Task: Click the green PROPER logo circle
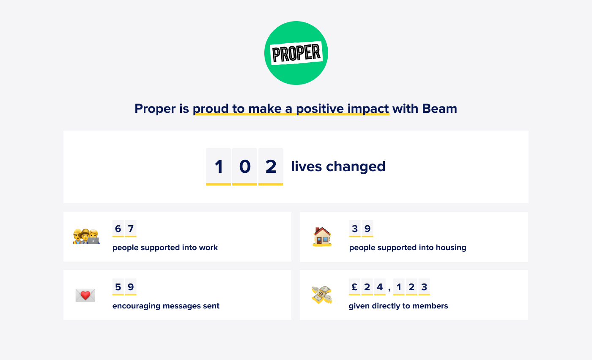(296, 53)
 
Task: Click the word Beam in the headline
(439, 109)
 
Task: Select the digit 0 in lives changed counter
(245, 166)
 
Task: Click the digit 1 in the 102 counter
(219, 166)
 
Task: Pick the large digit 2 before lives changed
(271, 166)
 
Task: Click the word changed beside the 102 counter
(356, 166)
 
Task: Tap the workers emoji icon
(86, 236)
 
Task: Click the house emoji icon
(322, 237)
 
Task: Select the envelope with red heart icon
(85, 295)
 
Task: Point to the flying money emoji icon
(322, 295)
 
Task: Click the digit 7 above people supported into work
(131, 229)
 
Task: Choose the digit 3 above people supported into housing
(355, 229)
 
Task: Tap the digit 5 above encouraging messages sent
(118, 287)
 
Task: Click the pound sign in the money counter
(354, 287)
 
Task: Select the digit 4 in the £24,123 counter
(380, 287)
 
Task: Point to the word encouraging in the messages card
(136, 306)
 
